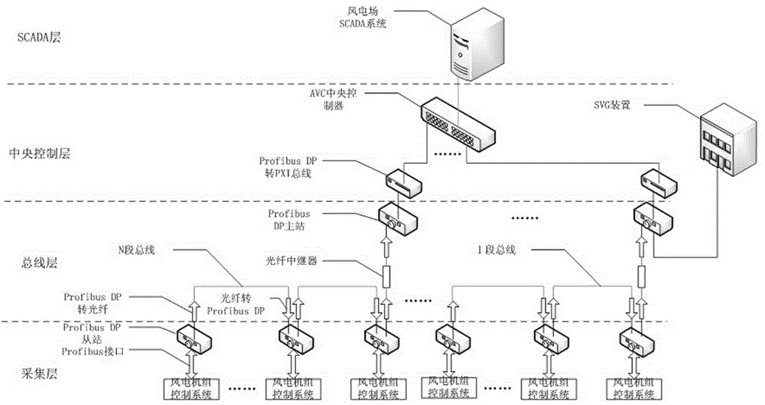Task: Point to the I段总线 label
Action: click(496, 250)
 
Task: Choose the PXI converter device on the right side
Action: click(657, 181)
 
